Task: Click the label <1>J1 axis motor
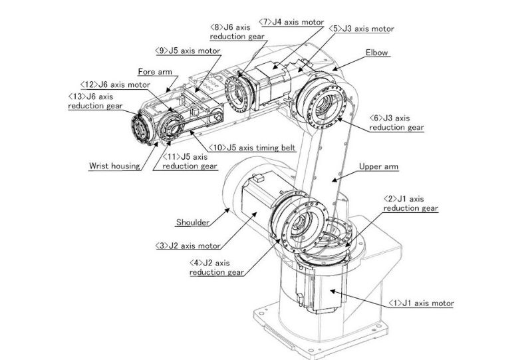pos(421,303)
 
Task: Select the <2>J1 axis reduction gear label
pos(410,204)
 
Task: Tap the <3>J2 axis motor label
pos(188,246)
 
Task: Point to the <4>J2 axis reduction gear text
pos(217,268)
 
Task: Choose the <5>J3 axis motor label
pos(361,29)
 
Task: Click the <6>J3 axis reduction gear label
pos(396,122)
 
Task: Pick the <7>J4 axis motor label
pos(291,22)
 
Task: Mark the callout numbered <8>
pos(237,31)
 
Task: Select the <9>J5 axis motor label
pos(188,51)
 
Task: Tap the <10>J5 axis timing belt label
pos(252,148)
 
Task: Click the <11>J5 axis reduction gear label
pos(190,161)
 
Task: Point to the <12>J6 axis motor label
pos(115,85)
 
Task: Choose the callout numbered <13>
pos(95,101)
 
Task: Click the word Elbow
pos(376,53)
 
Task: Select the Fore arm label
pos(155,72)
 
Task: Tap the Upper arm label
pos(378,166)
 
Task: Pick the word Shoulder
pos(193,222)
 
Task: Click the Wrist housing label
pos(114,166)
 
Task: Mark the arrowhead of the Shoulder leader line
pos(227,210)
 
